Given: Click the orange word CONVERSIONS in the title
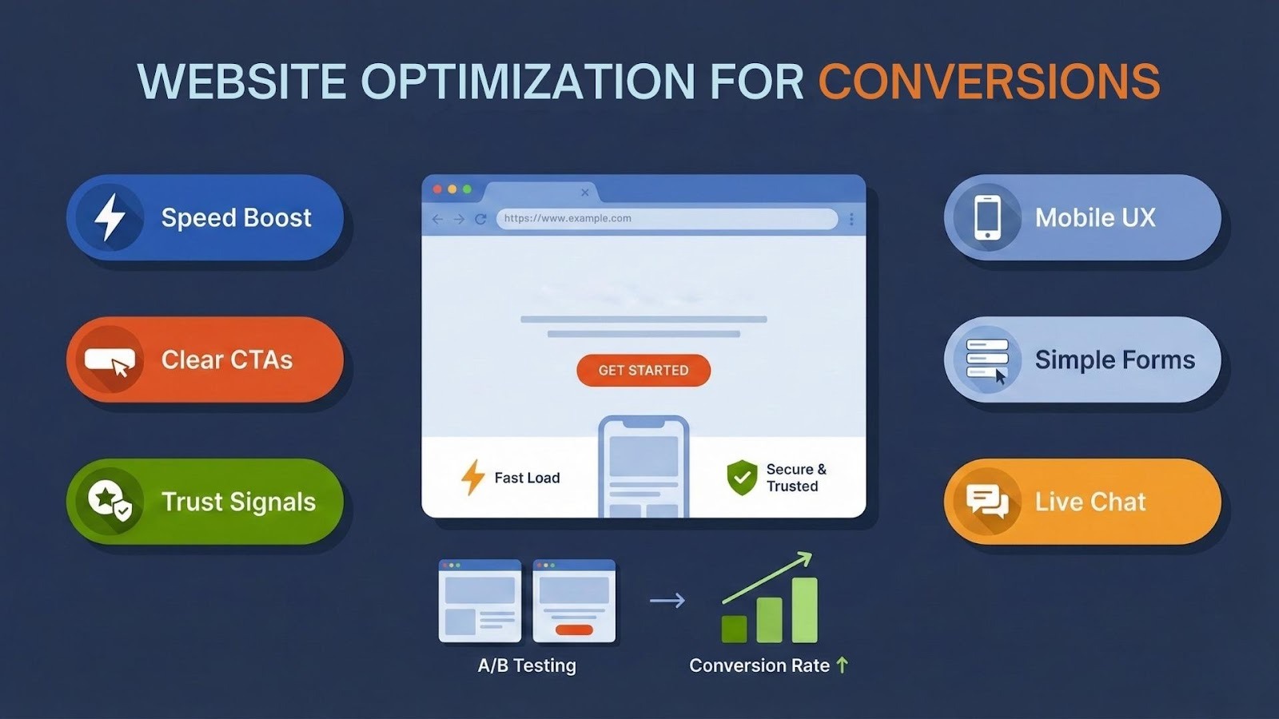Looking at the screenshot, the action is (x=989, y=81).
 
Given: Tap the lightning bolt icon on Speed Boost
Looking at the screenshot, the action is (x=110, y=217).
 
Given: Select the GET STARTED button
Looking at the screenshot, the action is (x=643, y=371).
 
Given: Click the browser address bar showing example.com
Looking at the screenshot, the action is (x=667, y=219).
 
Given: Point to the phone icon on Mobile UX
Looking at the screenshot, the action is (x=987, y=217).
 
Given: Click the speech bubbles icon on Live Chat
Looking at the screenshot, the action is (x=987, y=502).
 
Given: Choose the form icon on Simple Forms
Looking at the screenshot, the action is (x=987, y=360).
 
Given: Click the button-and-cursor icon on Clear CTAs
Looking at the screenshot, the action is (x=110, y=361).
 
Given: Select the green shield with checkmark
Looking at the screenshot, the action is (x=742, y=478).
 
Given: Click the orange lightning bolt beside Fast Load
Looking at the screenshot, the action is (x=472, y=477).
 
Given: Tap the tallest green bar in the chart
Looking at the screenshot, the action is (x=804, y=610).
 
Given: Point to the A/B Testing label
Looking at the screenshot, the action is (x=527, y=665).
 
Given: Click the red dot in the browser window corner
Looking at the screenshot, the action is (x=437, y=189).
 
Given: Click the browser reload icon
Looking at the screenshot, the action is (x=480, y=219).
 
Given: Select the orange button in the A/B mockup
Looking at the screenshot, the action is (x=574, y=630).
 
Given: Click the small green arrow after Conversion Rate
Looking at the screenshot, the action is (x=843, y=665).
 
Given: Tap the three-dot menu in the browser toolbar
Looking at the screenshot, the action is (x=851, y=219).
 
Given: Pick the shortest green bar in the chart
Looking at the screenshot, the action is (x=735, y=630).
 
